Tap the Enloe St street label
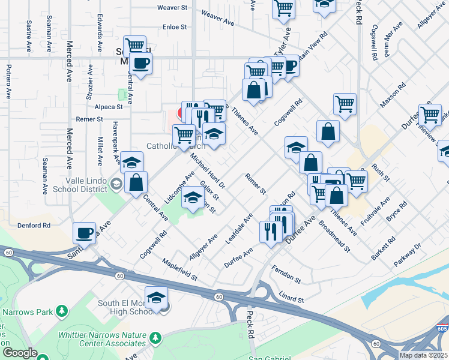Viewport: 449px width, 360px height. (175, 27)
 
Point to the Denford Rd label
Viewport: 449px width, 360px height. (38, 226)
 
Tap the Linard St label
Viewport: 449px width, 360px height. (292, 297)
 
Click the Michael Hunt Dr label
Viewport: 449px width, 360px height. (207, 169)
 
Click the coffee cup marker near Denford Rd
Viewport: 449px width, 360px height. (84, 233)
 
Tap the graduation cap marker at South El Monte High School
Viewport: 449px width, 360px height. (156, 298)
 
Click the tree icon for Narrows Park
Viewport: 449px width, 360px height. (61, 311)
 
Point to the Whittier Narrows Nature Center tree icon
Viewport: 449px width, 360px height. (155, 338)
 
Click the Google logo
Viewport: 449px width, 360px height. (20, 353)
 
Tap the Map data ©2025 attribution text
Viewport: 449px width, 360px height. (424, 355)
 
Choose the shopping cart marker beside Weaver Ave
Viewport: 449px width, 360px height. (283, 8)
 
